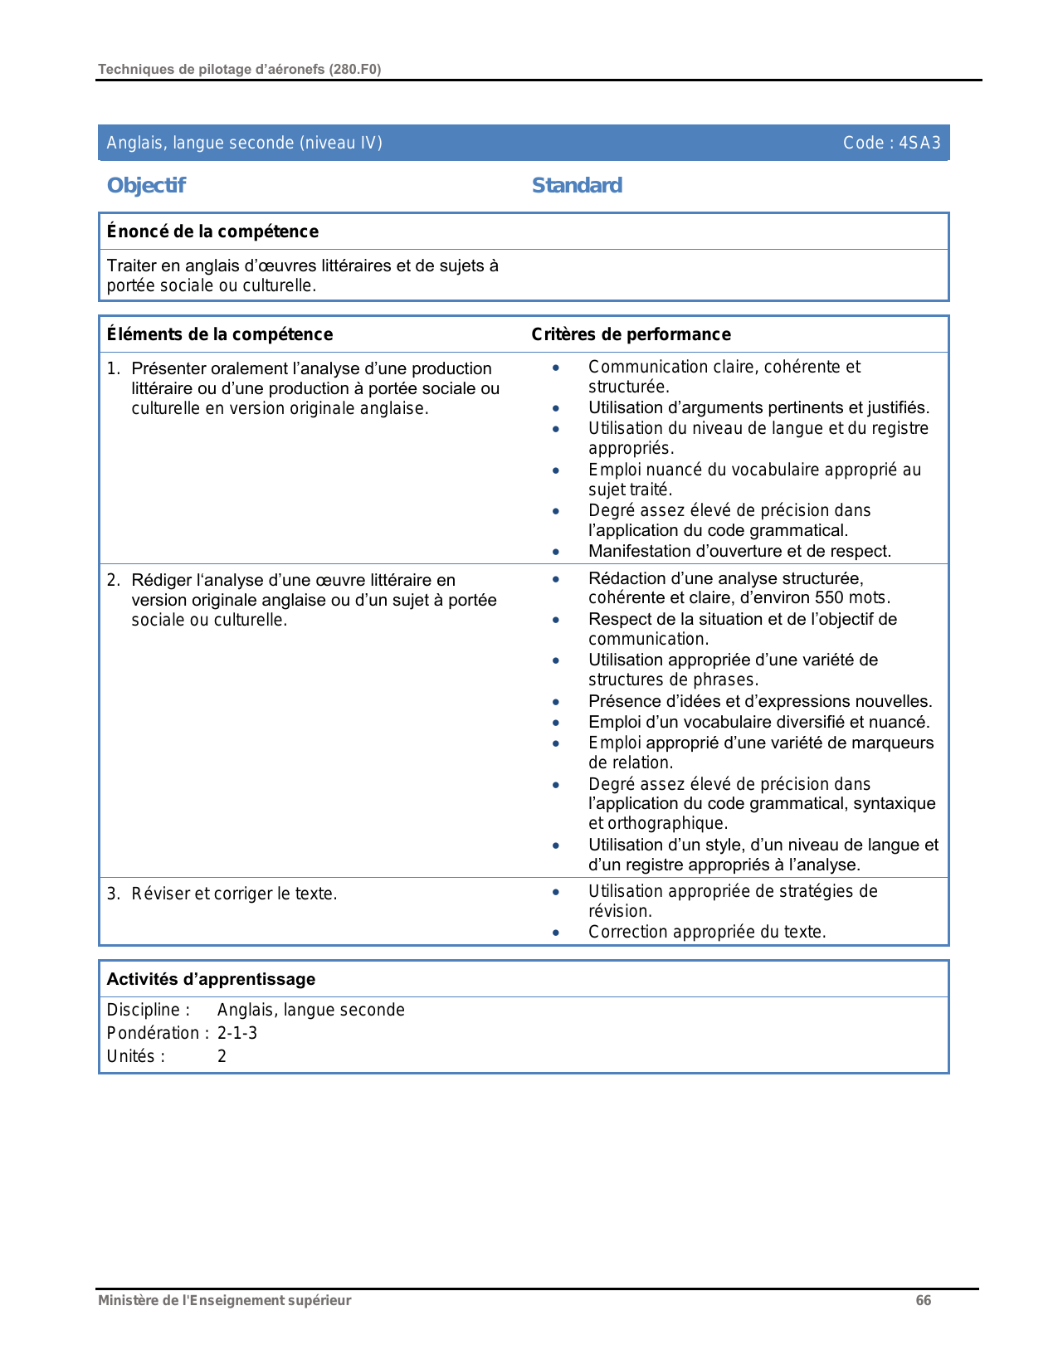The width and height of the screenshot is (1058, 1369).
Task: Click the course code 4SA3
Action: tap(919, 143)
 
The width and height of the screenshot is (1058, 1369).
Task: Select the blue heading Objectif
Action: tap(146, 185)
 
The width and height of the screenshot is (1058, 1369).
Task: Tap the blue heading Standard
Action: tap(577, 185)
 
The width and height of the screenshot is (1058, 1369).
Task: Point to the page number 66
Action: tap(923, 1300)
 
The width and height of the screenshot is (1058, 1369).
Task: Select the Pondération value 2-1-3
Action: tap(237, 1033)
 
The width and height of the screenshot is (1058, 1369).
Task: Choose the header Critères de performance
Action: tap(631, 334)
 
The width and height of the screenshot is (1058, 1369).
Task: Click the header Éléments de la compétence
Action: tap(220, 334)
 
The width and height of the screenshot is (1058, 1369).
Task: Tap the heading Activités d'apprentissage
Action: tap(211, 979)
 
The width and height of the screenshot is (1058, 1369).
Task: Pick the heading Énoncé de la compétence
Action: tap(212, 231)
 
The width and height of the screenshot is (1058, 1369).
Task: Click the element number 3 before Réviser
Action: tap(113, 894)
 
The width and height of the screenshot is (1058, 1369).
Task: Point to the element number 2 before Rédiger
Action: tap(113, 580)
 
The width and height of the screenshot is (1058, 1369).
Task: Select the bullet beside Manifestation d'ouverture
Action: tap(556, 552)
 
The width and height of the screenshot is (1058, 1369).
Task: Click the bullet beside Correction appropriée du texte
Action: tap(556, 933)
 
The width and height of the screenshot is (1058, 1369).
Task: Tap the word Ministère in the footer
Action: tap(126, 1300)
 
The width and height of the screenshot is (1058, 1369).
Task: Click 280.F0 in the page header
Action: tap(355, 70)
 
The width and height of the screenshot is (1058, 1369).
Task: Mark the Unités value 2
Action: tap(222, 1056)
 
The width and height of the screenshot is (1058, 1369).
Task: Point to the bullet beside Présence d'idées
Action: tap(556, 702)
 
